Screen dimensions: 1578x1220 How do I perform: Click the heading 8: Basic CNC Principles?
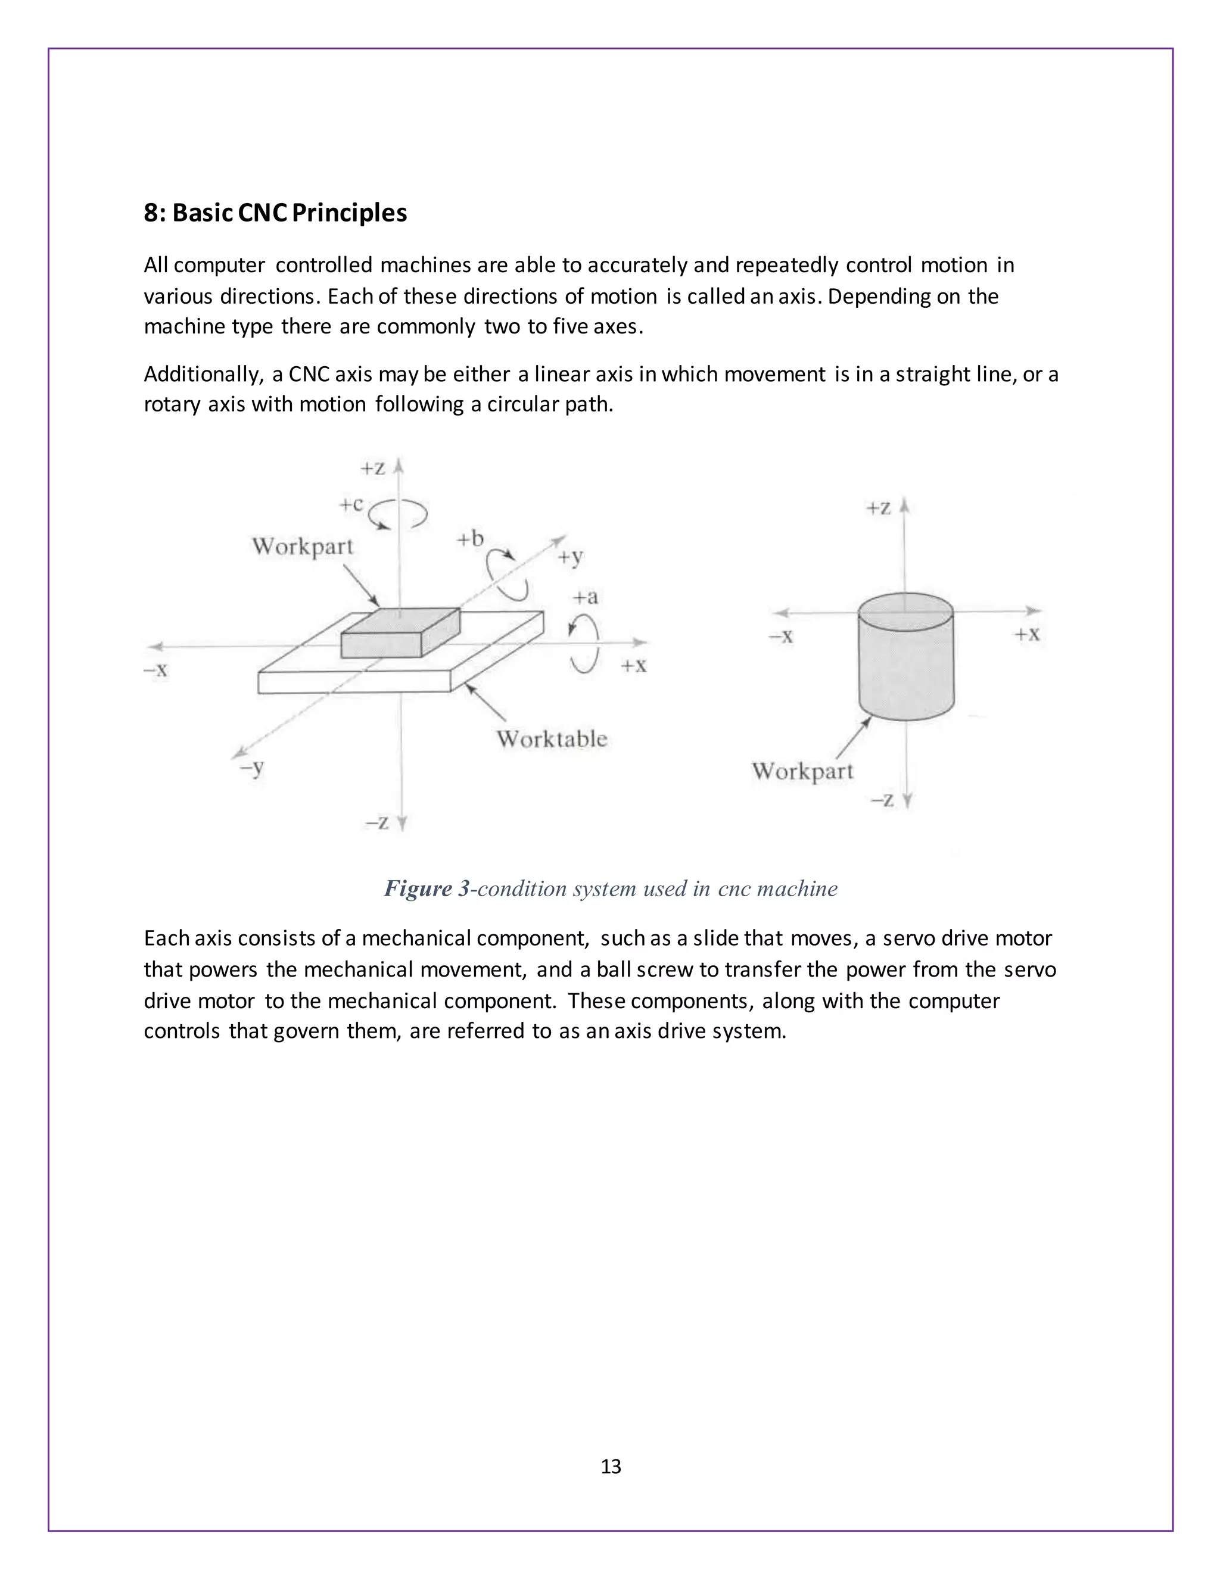(x=275, y=213)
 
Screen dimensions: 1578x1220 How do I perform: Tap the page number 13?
(x=611, y=1466)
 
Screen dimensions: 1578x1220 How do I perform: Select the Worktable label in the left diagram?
(x=552, y=738)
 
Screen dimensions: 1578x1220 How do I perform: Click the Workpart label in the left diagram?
(x=302, y=546)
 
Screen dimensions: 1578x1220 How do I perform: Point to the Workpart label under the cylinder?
(x=802, y=771)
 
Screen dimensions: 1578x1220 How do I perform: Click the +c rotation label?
(x=351, y=504)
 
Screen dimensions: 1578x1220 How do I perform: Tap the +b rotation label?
(x=470, y=539)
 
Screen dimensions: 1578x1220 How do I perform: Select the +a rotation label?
(x=586, y=597)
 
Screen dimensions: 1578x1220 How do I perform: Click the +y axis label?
(x=570, y=557)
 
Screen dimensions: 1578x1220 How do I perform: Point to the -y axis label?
(x=251, y=768)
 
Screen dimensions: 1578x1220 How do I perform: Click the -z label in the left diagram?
(x=376, y=822)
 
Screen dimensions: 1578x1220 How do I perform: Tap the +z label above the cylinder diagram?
(x=878, y=508)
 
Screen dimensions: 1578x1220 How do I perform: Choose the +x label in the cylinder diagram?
(x=1027, y=634)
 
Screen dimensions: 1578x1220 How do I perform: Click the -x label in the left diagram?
(x=155, y=670)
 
